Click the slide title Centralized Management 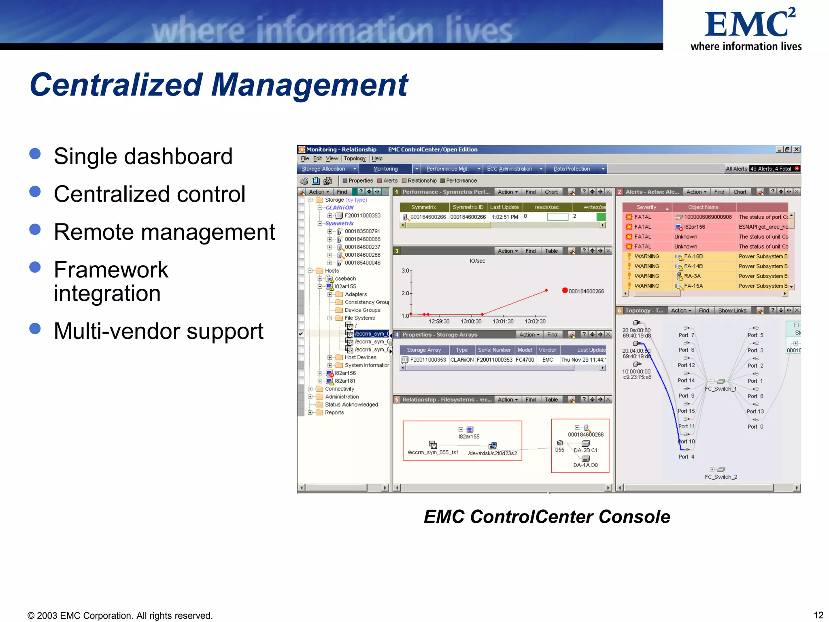tap(219, 85)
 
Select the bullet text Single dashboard tap(143, 157)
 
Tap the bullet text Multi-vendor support tap(158, 332)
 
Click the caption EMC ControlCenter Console tap(546, 517)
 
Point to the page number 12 tap(818, 615)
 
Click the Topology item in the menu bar tap(355, 159)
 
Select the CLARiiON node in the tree tap(339, 208)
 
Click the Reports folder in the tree tap(334, 413)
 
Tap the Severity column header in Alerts tap(646, 207)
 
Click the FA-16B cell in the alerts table tap(693, 257)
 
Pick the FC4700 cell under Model tap(525, 360)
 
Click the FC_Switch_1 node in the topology tap(721, 389)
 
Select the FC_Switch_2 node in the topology tap(721, 477)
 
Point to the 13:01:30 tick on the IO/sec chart tap(503, 322)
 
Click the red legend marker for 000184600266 tap(565, 290)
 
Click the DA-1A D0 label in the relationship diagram tap(585, 465)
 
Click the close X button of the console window tap(796, 149)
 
